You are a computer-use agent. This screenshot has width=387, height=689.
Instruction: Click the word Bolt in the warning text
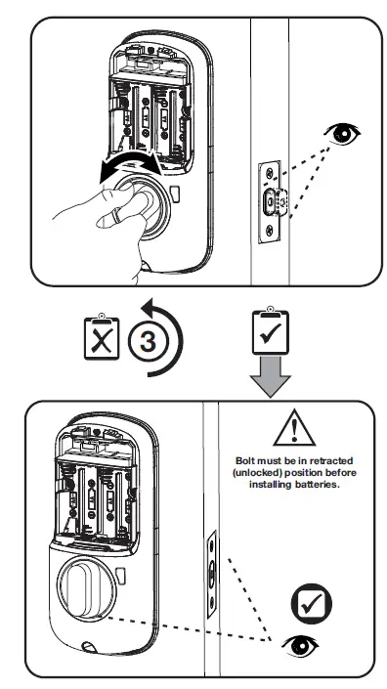(x=250, y=458)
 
